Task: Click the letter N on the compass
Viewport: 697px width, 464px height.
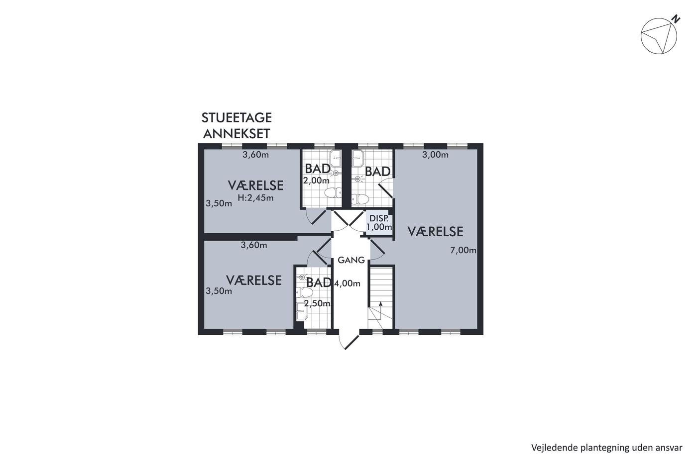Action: [x=677, y=20]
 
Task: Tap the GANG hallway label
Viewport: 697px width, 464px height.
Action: [x=351, y=260]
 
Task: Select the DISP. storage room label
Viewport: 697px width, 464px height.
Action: [x=379, y=218]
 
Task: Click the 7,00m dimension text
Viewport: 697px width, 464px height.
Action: [x=463, y=250]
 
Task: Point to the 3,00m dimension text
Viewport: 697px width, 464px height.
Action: [x=435, y=155]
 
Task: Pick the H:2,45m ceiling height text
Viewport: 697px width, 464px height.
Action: [x=255, y=197]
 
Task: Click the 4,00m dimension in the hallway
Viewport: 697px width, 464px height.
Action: [x=348, y=283]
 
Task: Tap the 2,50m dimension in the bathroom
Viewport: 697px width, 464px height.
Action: [x=317, y=303]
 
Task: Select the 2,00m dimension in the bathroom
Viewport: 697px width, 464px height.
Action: [x=316, y=181]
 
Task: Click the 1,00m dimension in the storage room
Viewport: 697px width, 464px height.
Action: [x=379, y=227]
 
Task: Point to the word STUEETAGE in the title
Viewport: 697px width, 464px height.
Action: [x=237, y=118]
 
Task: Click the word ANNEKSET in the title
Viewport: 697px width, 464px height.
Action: [x=236, y=134]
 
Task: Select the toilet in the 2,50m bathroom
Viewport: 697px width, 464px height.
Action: [x=304, y=292]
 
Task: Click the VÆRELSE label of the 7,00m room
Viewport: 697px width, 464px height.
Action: [x=435, y=232]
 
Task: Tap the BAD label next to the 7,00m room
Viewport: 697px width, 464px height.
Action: [x=377, y=172]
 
